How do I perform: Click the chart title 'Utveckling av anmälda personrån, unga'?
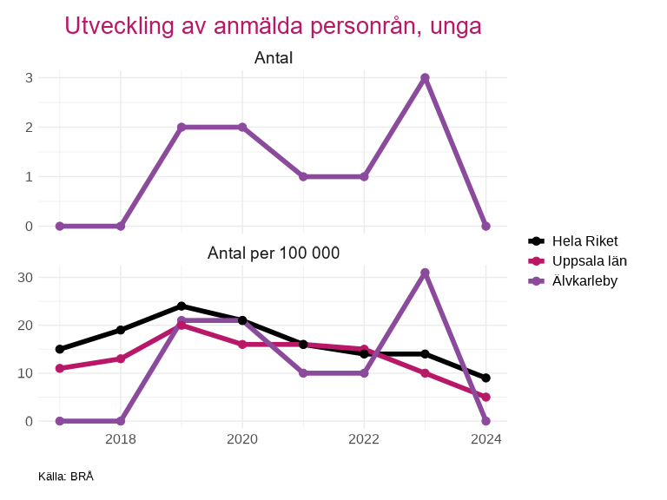pyautogui.click(x=273, y=26)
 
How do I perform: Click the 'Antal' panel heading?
pyautogui.click(x=273, y=58)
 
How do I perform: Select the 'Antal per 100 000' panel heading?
pyautogui.click(x=273, y=253)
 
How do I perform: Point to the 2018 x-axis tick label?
pyautogui.click(x=121, y=439)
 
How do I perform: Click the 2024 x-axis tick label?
pyautogui.click(x=485, y=439)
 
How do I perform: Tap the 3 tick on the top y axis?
pyautogui.click(x=29, y=78)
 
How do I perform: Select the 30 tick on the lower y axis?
pyautogui.click(x=25, y=278)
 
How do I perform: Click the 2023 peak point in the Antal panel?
pyautogui.click(x=425, y=78)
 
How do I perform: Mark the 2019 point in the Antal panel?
pyautogui.click(x=182, y=128)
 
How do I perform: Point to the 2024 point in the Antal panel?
pyautogui.click(x=485, y=226)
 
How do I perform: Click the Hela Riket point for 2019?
pyautogui.click(x=182, y=306)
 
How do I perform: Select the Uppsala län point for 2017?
pyautogui.click(x=60, y=368)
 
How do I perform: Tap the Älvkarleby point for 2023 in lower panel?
pyautogui.click(x=425, y=273)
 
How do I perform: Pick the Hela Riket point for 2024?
pyautogui.click(x=485, y=378)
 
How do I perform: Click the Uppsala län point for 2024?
pyautogui.click(x=485, y=397)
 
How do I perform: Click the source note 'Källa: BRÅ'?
pyautogui.click(x=65, y=477)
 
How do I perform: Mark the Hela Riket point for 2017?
pyautogui.click(x=60, y=349)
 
